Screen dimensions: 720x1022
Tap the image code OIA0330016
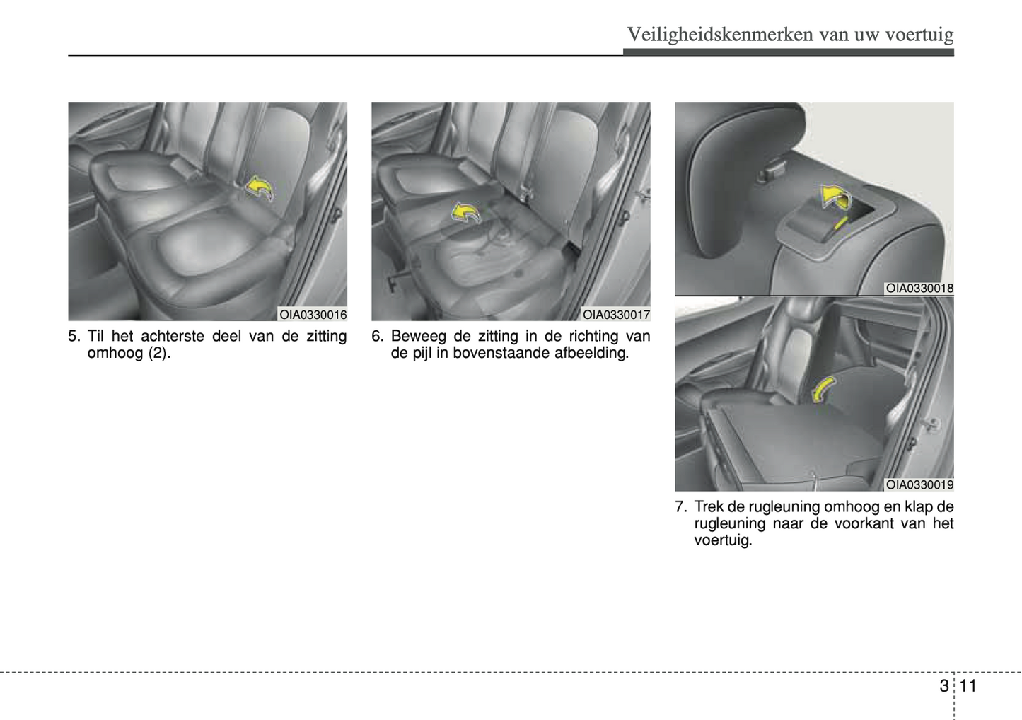(313, 315)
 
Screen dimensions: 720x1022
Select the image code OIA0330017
(616, 315)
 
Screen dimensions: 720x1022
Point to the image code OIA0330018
(919, 289)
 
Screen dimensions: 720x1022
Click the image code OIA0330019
(919, 484)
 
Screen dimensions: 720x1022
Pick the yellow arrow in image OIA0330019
(823, 389)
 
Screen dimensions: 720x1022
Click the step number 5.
(74, 337)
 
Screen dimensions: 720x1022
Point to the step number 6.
(377, 337)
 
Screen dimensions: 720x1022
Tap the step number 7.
(680, 507)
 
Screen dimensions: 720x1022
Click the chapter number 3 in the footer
(943, 685)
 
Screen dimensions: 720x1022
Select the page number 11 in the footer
(968, 685)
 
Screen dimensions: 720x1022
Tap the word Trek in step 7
(709, 507)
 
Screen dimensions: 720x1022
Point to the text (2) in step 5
(158, 353)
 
